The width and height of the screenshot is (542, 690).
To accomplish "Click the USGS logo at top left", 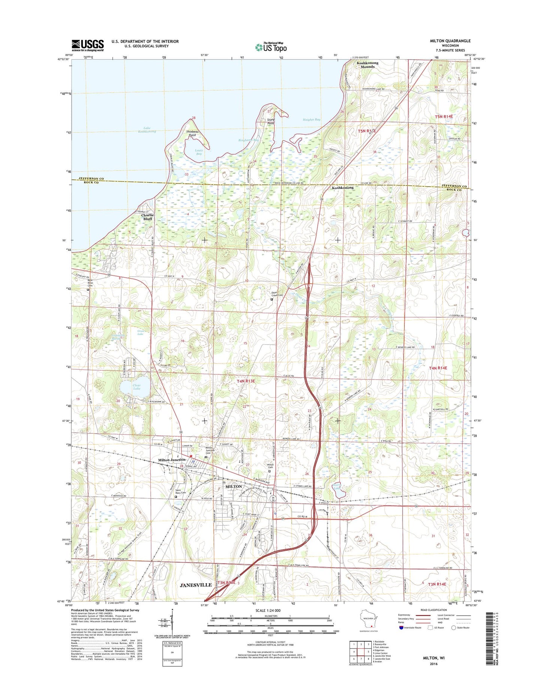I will click(x=88, y=45).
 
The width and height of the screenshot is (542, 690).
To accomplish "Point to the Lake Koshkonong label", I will click(x=147, y=130).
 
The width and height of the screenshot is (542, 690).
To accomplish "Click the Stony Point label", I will click(x=271, y=121).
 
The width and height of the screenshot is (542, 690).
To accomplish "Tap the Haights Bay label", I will click(x=311, y=119).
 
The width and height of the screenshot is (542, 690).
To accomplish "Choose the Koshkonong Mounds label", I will click(x=367, y=65).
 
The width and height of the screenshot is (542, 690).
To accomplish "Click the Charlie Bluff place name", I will click(x=147, y=217).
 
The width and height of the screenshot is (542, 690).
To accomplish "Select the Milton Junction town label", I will click(x=171, y=460).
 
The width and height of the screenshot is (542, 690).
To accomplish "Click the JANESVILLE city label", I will click(x=196, y=585).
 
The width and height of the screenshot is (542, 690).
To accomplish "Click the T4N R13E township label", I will click(x=246, y=381).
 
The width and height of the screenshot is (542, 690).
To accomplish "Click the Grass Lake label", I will click(x=140, y=333).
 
